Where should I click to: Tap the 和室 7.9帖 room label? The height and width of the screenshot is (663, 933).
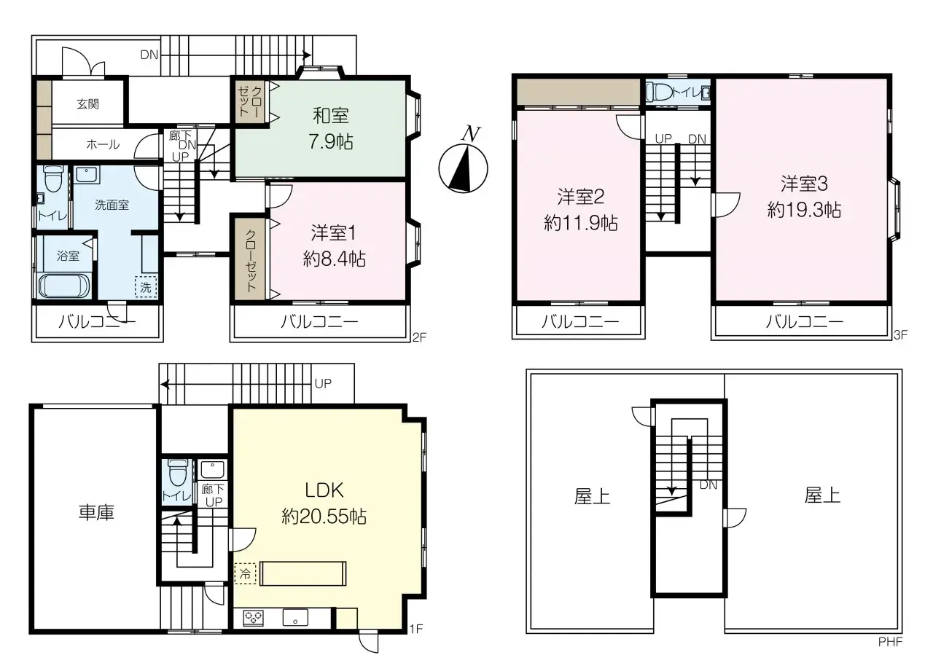331,128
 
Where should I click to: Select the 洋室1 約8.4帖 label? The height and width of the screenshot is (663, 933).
334,246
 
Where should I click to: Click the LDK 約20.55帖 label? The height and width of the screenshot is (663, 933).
324,503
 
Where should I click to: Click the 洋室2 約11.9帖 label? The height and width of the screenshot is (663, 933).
580,210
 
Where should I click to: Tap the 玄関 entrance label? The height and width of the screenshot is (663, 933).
88,104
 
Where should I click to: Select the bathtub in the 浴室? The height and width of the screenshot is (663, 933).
63,286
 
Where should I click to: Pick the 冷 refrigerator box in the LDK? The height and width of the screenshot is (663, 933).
245,573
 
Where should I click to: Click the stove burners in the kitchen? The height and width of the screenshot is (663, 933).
254,618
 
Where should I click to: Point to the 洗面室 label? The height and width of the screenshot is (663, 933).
112,205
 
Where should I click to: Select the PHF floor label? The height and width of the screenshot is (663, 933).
891,643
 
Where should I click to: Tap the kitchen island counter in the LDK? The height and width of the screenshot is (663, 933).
304,573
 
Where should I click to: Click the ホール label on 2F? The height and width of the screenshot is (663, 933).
103,144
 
